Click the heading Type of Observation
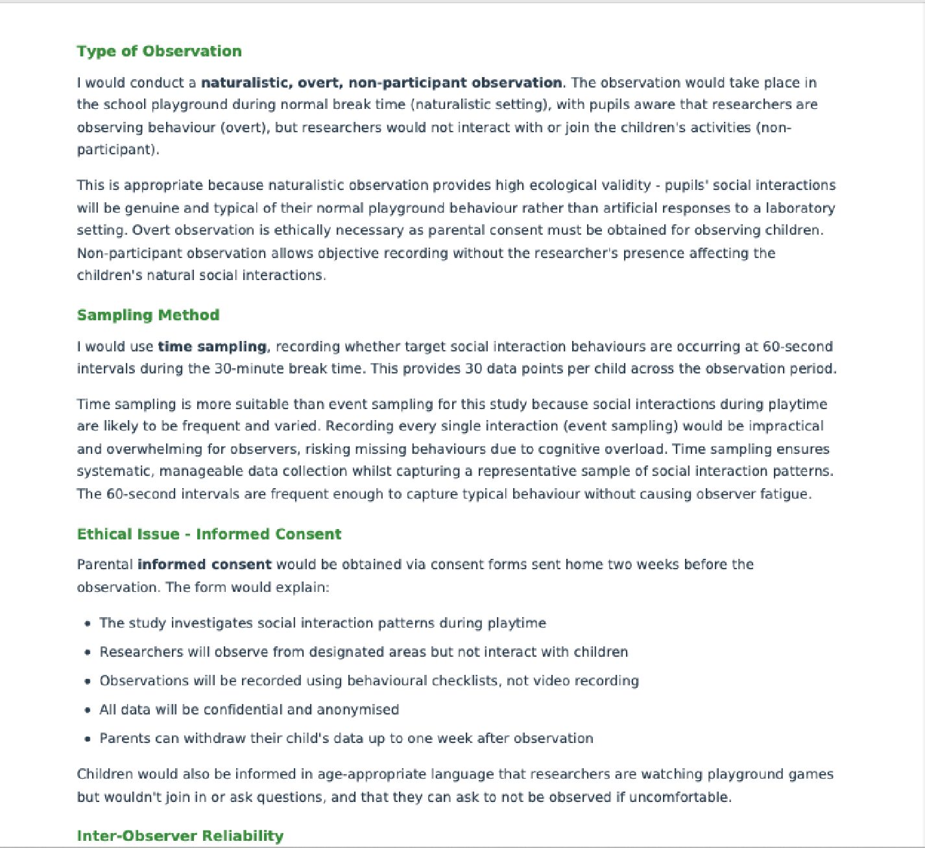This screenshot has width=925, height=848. (x=159, y=51)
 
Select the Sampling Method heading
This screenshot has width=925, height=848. (x=148, y=315)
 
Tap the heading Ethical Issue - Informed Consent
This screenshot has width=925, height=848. (x=209, y=534)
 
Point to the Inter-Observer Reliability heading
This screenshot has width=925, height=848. (x=180, y=836)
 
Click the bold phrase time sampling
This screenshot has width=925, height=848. (x=212, y=347)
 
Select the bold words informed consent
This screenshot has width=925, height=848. (x=204, y=565)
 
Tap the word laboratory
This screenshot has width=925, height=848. (x=800, y=208)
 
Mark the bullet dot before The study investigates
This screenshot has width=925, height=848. (x=88, y=624)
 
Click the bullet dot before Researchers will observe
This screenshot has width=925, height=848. (x=88, y=652)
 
